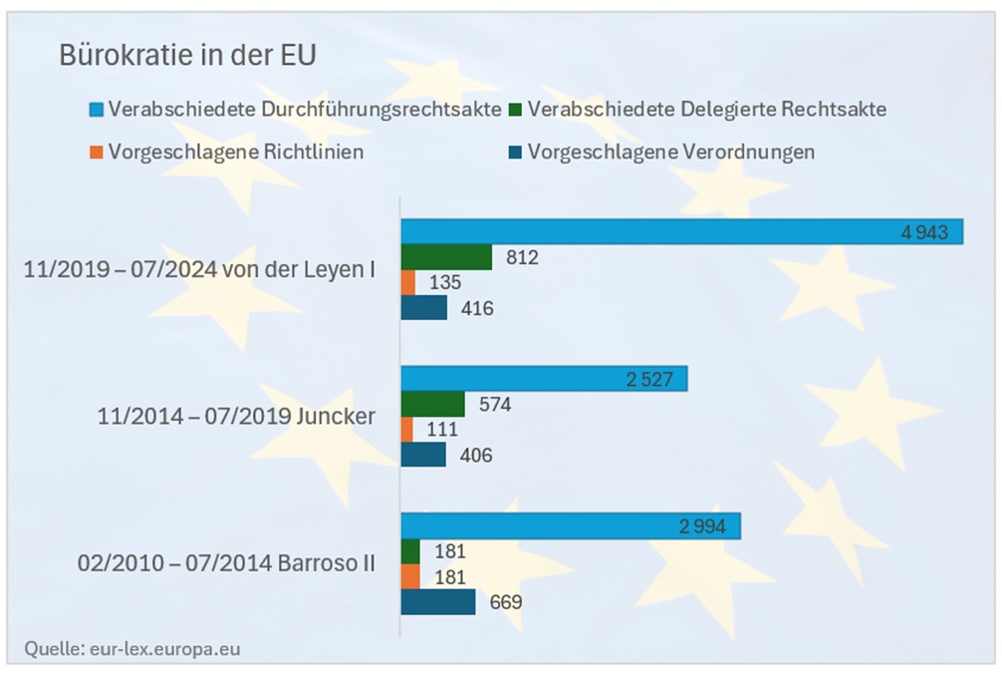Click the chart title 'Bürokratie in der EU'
coord(187,55)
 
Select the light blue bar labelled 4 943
coord(681,231)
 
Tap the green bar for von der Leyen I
coord(446,257)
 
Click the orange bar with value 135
coord(407,283)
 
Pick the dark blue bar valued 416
coord(423,308)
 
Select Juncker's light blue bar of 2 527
coord(544,379)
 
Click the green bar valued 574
coord(432,404)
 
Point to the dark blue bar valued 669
coord(437,602)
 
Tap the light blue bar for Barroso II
coord(570,526)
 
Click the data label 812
coord(522,257)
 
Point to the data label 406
coord(476,456)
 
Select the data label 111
coord(441,430)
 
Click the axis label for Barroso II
coord(226,563)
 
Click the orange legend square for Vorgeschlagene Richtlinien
coord(96,153)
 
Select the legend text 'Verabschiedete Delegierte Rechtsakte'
coord(707,109)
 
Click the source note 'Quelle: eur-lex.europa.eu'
coord(132,649)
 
